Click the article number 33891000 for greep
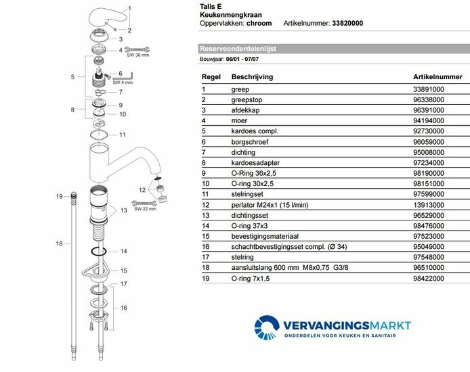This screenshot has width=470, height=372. point(429,89)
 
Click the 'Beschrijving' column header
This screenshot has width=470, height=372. point(252,76)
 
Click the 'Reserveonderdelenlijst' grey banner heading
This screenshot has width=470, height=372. point(238,49)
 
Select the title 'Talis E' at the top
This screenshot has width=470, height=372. point(211,5)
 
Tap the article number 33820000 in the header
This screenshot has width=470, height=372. point(347,23)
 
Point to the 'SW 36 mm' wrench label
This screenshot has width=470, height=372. point(140,55)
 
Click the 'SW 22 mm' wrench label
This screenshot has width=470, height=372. point(145,208)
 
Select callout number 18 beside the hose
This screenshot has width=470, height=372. point(59,243)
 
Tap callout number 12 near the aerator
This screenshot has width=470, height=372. point(142,189)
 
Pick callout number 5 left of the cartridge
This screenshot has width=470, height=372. point(72,77)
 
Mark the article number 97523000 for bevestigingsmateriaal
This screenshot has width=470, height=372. point(429,235)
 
